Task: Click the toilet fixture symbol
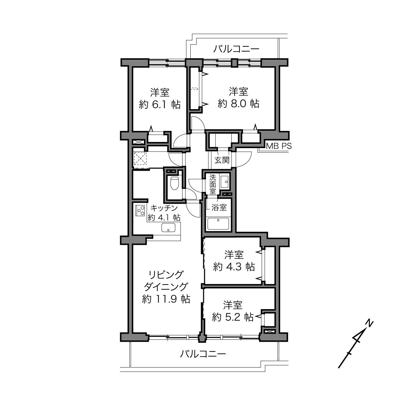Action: pos(174,183)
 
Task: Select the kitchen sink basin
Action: pos(168,227)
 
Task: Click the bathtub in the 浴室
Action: pos(218,224)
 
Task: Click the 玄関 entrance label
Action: pos(222,160)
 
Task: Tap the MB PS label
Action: pos(278,146)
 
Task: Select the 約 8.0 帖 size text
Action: pos(238,104)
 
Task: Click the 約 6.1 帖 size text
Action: pos(160,104)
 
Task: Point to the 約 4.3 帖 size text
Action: pos(234,267)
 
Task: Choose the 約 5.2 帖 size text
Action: pos(233,317)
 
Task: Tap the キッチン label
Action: pos(164,208)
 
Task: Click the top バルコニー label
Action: pos(236,49)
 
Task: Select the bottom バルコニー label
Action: pos(203,354)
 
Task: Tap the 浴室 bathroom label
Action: pos(219,207)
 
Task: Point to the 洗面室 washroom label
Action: pos(213,184)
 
